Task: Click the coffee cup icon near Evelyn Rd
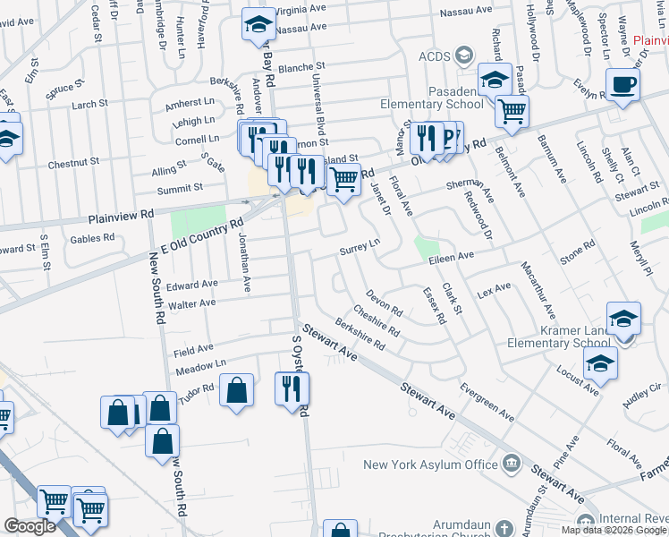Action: [x=622, y=85]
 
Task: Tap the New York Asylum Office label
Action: [x=430, y=465]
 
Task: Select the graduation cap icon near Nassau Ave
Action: [x=258, y=25]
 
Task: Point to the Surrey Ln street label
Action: [x=360, y=247]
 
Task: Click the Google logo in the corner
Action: [x=30, y=526]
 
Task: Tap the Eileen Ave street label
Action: [x=452, y=257]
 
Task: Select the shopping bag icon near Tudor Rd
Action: [x=236, y=391]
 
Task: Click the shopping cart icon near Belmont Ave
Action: [x=512, y=111]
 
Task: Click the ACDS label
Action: [x=436, y=57]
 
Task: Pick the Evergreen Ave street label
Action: [x=487, y=403]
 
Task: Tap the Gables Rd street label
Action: [x=92, y=238]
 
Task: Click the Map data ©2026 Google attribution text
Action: [x=614, y=530]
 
